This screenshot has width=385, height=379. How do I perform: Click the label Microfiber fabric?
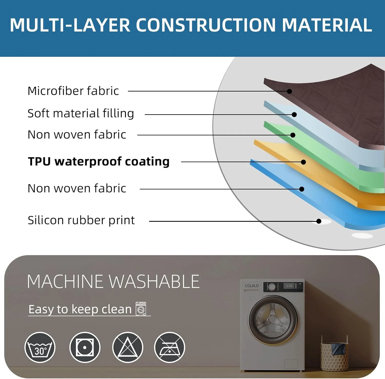[x=73, y=91]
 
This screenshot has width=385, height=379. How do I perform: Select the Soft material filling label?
[x=81, y=113]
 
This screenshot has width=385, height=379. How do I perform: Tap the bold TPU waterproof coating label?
[x=99, y=162]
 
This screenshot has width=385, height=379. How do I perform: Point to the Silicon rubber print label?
[x=81, y=220]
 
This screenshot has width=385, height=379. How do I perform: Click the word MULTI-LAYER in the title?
[x=70, y=25]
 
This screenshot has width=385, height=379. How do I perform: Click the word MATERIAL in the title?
[x=327, y=25]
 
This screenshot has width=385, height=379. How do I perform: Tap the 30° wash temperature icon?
[x=40, y=347]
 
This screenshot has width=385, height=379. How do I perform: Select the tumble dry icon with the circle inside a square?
[x=85, y=347]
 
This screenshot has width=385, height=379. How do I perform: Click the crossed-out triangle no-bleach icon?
[x=128, y=347]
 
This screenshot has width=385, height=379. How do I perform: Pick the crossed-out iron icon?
[x=169, y=347]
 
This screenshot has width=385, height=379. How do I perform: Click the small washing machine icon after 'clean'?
[x=141, y=309]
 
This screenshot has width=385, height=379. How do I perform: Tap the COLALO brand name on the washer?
[x=252, y=286]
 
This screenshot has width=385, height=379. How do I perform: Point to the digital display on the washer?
[x=289, y=286]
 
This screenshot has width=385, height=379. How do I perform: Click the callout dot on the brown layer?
[x=289, y=91]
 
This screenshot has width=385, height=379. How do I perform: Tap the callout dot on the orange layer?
[x=303, y=162]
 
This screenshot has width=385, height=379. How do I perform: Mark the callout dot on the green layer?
[x=293, y=135]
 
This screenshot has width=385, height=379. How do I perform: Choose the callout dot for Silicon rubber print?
[x=319, y=221]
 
